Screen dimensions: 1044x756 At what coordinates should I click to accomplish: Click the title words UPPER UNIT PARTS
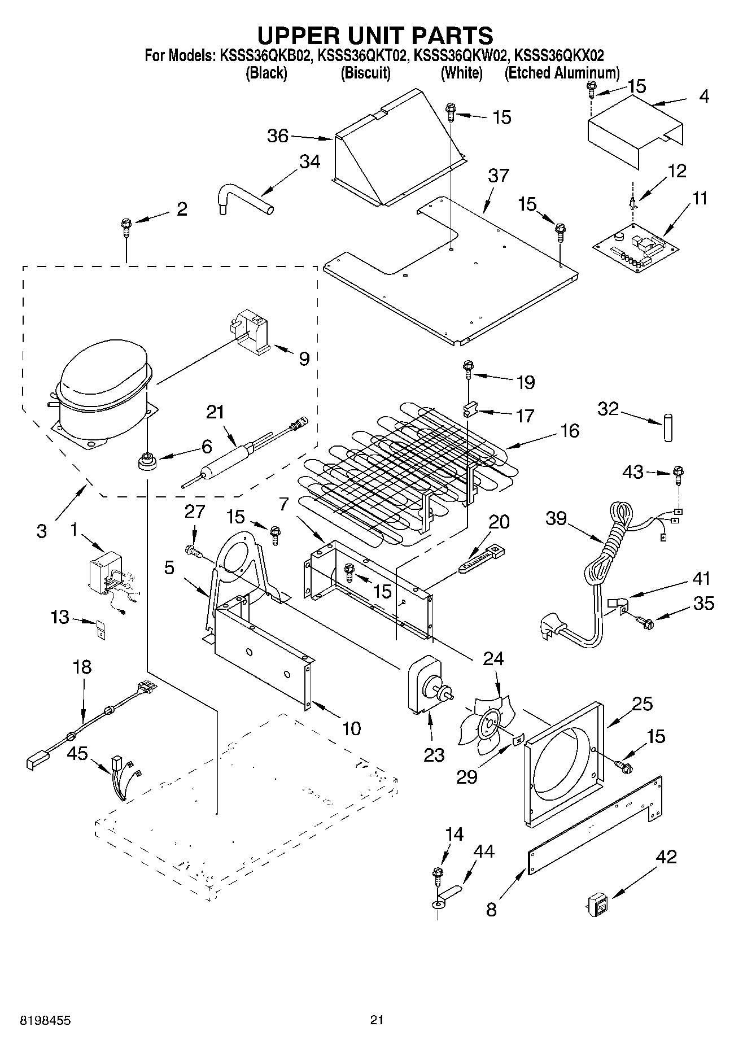(x=375, y=35)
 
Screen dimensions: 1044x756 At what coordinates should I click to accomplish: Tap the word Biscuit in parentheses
(x=365, y=73)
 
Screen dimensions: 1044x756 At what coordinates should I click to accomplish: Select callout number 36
(x=277, y=136)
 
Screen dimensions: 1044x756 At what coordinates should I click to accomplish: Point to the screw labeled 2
(x=125, y=229)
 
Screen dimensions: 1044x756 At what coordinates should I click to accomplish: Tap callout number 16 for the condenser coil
(x=570, y=431)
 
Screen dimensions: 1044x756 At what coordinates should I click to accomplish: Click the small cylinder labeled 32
(x=668, y=427)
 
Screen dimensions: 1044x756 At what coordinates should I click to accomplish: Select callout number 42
(x=666, y=857)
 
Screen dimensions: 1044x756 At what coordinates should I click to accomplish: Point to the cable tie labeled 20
(x=481, y=559)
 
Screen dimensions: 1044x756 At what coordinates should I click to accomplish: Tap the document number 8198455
(x=46, y=1020)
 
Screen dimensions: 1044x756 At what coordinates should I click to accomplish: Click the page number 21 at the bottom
(x=377, y=1020)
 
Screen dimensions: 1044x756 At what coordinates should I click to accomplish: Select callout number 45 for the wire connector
(x=78, y=754)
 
